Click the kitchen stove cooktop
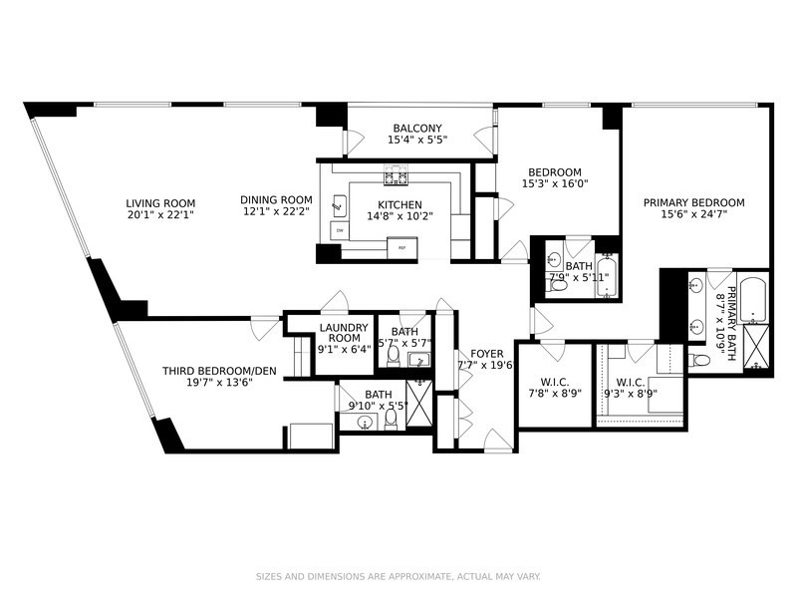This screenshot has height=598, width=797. click(396, 179)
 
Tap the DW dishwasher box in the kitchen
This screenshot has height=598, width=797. click(339, 230)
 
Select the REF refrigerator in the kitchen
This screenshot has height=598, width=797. click(401, 246)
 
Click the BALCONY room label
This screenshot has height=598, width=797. click(416, 129)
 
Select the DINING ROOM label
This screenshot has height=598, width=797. click(276, 199)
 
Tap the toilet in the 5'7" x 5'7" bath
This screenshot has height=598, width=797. click(394, 355)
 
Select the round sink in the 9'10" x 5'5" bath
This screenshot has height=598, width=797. click(365, 422)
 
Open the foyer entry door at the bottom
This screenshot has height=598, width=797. click(496, 441)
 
